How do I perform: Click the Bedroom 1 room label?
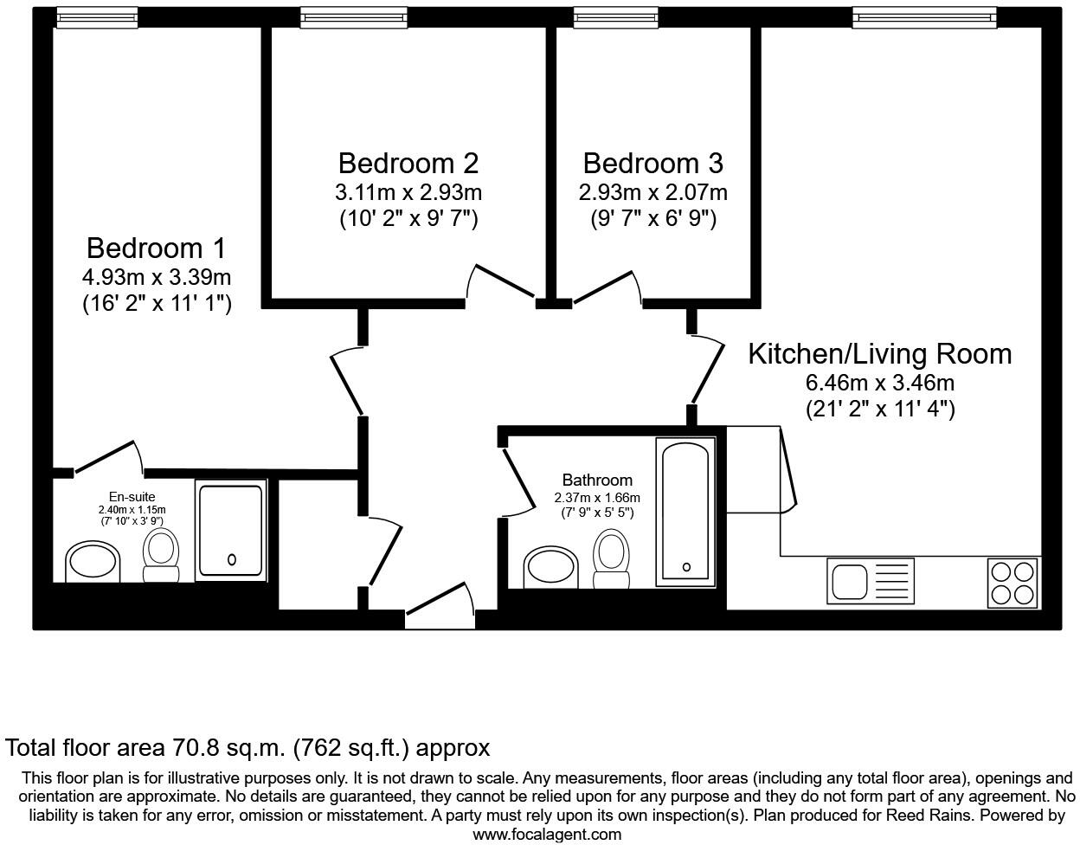tap(156, 248)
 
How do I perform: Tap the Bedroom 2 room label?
tap(408, 163)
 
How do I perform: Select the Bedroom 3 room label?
tap(652, 163)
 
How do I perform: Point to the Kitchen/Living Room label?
tap(879, 353)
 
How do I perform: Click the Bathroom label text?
tap(597, 480)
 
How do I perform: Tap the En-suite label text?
tap(132, 497)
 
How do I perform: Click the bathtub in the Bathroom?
tap(686, 509)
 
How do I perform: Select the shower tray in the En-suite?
tap(231, 530)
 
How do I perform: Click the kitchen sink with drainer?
tap(871, 580)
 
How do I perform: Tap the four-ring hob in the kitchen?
tap(1013, 582)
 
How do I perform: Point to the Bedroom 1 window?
tap(97, 16)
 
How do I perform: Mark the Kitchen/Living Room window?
tap(923, 16)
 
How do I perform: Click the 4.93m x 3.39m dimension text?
tap(157, 278)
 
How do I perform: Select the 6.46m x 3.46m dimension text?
tap(880, 383)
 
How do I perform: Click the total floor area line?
tap(248, 748)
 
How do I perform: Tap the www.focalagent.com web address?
tap(546, 835)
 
